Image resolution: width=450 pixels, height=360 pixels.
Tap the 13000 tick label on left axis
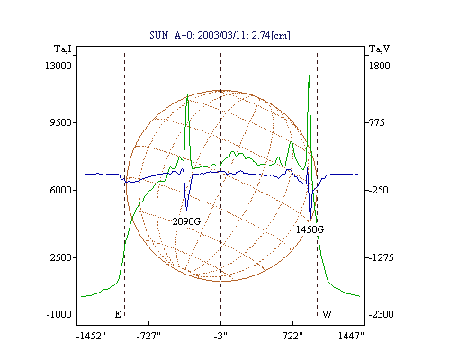click(58, 66)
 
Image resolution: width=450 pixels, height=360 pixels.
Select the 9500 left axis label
click(60, 122)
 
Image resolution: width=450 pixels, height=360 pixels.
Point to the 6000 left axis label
click(60, 190)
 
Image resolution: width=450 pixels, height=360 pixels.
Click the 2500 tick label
click(61, 257)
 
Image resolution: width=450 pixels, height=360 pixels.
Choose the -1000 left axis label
click(58, 314)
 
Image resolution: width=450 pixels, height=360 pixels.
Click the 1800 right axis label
click(379, 66)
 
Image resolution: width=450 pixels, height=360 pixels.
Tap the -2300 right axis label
click(381, 314)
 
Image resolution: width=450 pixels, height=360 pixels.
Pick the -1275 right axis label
click(381, 257)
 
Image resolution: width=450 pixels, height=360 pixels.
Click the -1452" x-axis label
click(91, 336)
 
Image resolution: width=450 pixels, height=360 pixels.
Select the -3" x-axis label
click(220, 336)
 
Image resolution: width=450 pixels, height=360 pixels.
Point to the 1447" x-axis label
click(351, 336)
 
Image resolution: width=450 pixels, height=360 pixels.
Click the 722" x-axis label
click(292, 336)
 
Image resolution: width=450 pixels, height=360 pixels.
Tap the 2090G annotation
click(186, 221)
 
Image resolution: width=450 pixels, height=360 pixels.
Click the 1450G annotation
click(310, 229)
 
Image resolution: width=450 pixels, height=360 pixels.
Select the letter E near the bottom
click(118, 314)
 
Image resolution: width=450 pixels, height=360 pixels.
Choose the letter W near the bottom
click(327, 314)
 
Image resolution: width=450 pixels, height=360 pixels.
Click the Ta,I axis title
click(63, 49)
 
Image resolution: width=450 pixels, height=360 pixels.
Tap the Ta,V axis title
click(379, 49)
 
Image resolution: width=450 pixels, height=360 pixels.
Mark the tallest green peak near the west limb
click(309, 76)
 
